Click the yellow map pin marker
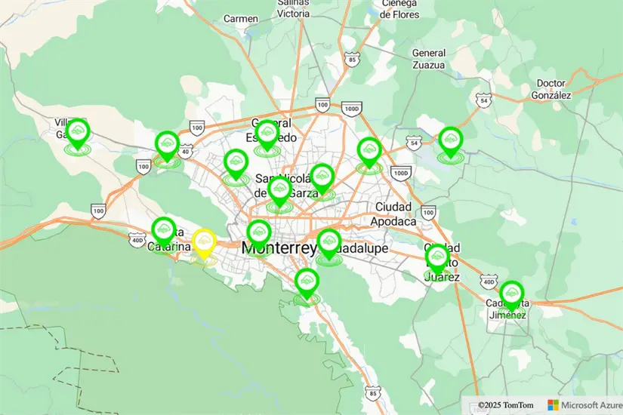coord(204,242)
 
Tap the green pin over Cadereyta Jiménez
coord(511,294)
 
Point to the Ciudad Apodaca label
coord(393,214)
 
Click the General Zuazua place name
coord(428,59)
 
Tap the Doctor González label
coord(551,89)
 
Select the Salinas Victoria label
coord(292,8)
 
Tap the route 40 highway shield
coord(184,151)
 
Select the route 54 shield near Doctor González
coord(484,100)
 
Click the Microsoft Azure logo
coord(583,405)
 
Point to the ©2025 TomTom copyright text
coord(505,405)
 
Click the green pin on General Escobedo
coord(267,134)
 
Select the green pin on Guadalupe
coord(329,242)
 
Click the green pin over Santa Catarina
coord(164,229)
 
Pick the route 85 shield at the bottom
coord(372,393)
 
